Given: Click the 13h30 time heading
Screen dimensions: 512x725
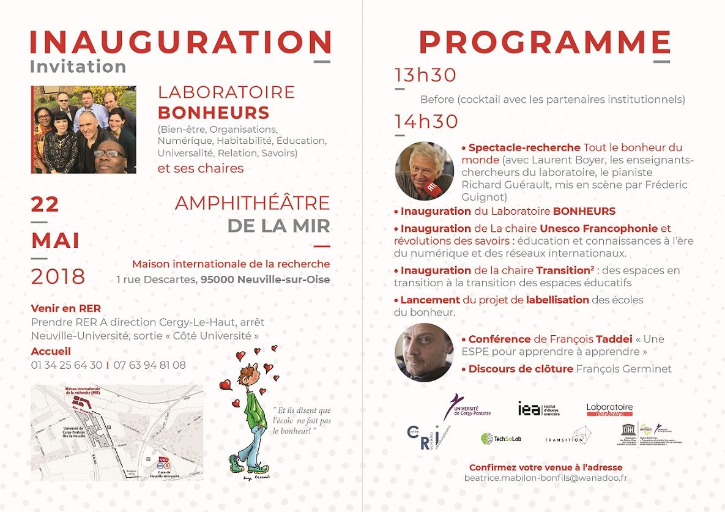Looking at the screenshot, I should tap(426, 75).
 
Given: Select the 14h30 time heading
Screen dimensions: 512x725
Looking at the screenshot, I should tap(426, 122).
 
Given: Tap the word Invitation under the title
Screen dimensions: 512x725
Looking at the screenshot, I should tap(78, 66).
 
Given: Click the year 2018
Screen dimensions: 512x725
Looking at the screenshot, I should tap(58, 276).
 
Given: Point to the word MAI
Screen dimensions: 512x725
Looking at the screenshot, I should tap(56, 240).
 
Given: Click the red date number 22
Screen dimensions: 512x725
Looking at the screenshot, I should tap(45, 204).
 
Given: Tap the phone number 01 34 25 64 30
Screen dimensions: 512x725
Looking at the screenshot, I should tap(67, 365).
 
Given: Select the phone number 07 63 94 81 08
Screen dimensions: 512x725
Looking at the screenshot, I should tap(149, 365).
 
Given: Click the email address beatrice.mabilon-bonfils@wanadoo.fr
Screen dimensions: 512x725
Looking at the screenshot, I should tap(546, 478).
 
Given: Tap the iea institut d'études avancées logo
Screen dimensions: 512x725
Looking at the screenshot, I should tap(538, 409).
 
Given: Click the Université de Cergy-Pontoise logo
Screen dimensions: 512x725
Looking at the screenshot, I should tap(467, 407).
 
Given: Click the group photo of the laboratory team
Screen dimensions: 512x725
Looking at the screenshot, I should tap(83, 130).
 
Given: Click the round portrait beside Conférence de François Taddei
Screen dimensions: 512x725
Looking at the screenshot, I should tap(424, 352).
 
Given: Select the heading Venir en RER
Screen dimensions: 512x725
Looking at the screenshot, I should tap(66, 308).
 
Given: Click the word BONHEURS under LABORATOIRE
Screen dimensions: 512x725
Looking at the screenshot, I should tap(214, 113).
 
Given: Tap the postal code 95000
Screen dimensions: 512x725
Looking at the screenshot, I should tap(218, 280).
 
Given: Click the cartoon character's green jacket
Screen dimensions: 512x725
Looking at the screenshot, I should tap(251, 410).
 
